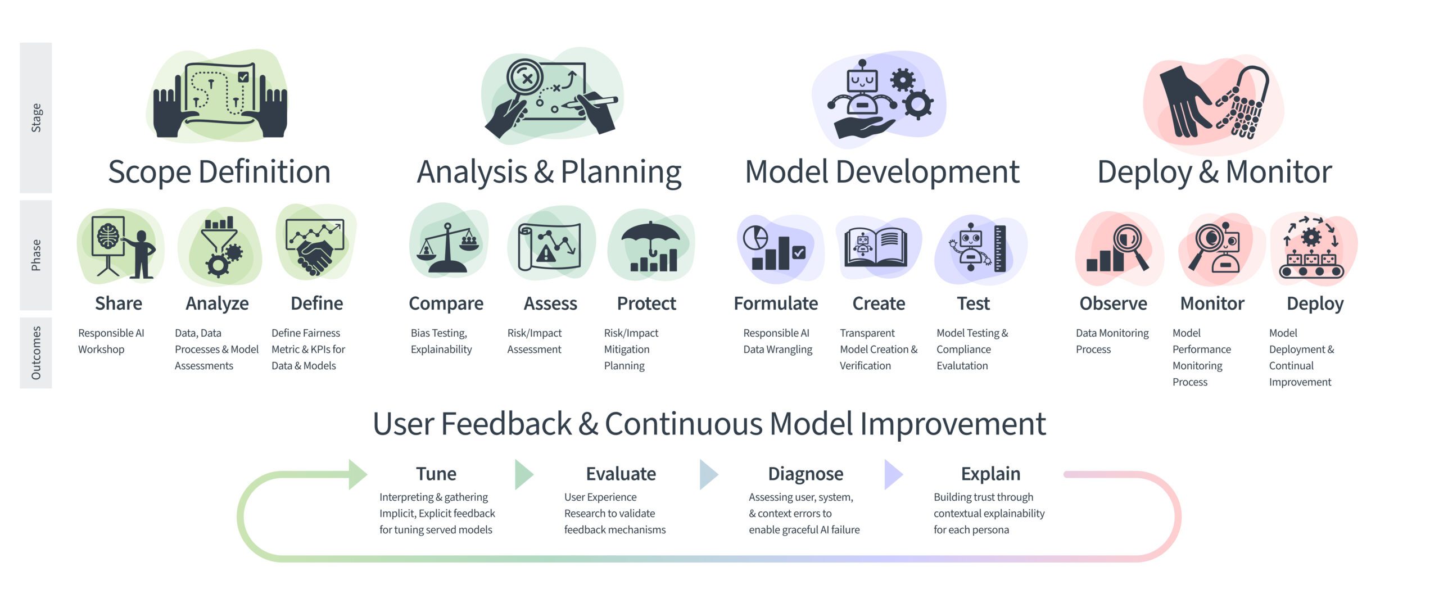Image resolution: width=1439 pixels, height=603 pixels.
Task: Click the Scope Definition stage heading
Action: tap(219, 172)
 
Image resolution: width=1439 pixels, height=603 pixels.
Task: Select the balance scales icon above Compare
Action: tap(447, 248)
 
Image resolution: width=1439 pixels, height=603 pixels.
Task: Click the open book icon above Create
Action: tap(876, 247)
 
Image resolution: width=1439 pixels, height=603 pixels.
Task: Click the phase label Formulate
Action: tap(776, 303)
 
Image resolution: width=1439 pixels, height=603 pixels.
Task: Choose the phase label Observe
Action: tap(1113, 303)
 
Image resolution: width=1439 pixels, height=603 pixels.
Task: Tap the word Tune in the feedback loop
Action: tap(436, 474)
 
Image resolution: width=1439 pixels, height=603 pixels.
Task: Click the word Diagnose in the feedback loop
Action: tap(806, 474)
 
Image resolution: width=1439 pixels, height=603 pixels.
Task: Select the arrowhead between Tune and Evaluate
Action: tap(523, 474)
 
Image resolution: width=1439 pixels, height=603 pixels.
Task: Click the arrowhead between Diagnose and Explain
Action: tap(893, 474)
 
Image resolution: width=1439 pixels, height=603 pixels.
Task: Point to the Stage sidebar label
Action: tap(36, 117)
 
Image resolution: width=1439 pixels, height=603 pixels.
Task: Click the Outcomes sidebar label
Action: tap(36, 353)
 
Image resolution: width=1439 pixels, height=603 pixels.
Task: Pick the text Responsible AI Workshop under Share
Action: tap(111, 341)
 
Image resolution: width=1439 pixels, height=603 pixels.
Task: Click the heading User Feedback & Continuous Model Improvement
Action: tap(709, 424)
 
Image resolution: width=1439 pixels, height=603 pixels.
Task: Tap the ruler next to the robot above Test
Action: tap(1000, 248)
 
